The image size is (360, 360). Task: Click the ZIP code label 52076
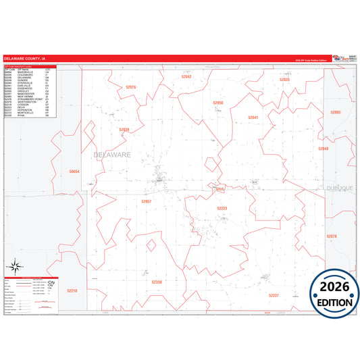(130, 87)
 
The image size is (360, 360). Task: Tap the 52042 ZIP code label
(186, 77)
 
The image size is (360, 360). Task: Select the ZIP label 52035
(284, 80)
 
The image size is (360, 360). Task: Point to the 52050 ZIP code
(217, 103)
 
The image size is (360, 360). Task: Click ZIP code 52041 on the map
(253, 118)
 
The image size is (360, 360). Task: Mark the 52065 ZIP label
(336, 112)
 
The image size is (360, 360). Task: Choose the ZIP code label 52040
(324, 149)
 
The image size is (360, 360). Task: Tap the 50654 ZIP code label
(74, 172)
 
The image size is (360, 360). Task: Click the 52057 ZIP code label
(147, 201)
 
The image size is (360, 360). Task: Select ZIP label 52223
(222, 208)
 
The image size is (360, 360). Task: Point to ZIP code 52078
(331, 236)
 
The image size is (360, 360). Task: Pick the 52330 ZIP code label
(157, 282)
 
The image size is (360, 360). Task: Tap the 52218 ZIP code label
(72, 290)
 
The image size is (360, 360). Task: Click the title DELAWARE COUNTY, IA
(25, 59)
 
